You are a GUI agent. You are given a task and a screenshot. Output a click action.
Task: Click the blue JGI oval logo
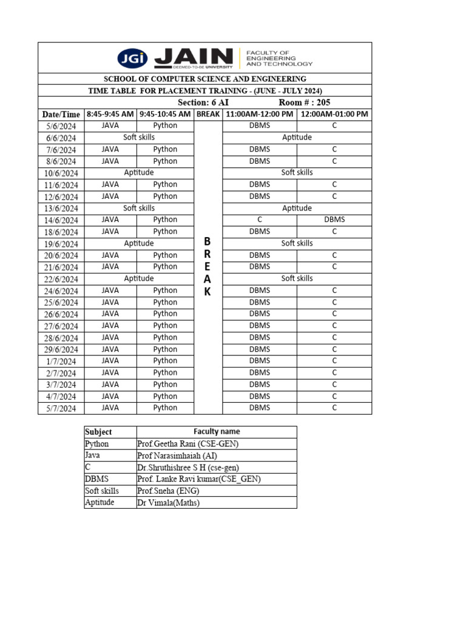(x=133, y=58)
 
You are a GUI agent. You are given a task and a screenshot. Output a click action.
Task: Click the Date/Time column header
(x=61, y=114)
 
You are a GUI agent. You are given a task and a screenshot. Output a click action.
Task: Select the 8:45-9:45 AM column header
(x=110, y=114)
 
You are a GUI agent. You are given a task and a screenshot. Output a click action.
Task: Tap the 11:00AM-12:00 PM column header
(x=260, y=114)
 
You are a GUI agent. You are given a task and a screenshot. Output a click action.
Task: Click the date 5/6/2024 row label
(x=61, y=126)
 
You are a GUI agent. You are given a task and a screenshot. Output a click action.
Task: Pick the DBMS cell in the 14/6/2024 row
(x=334, y=220)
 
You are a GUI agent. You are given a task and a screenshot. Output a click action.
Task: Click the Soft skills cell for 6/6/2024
(x=139, y=138)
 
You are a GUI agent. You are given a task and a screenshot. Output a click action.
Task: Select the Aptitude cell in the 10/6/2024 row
(x=139, y=173)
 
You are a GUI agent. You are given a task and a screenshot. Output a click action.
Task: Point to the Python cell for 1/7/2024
(x=165, y=361)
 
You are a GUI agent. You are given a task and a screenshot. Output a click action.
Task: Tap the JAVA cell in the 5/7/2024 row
(x=110, y=408)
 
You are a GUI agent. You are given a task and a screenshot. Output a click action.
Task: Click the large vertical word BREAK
(x=208, y=267)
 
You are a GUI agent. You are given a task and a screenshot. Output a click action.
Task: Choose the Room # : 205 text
(x=305, y=102)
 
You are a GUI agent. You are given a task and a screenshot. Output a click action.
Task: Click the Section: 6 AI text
(x=203, y=102)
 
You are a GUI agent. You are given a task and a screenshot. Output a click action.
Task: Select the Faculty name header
(x=217, y=432)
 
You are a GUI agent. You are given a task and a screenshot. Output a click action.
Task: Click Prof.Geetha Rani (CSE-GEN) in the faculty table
(x=188, y=444)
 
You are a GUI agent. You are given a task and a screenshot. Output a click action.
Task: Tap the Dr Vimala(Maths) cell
(x=169, y=503)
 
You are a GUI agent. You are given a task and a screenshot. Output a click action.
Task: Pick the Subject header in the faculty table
(x=98, y=432)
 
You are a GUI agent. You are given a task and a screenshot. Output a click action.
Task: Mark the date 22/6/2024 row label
(x=61, y=279)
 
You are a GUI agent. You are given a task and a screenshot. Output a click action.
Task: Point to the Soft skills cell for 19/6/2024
(x=297, y=243)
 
